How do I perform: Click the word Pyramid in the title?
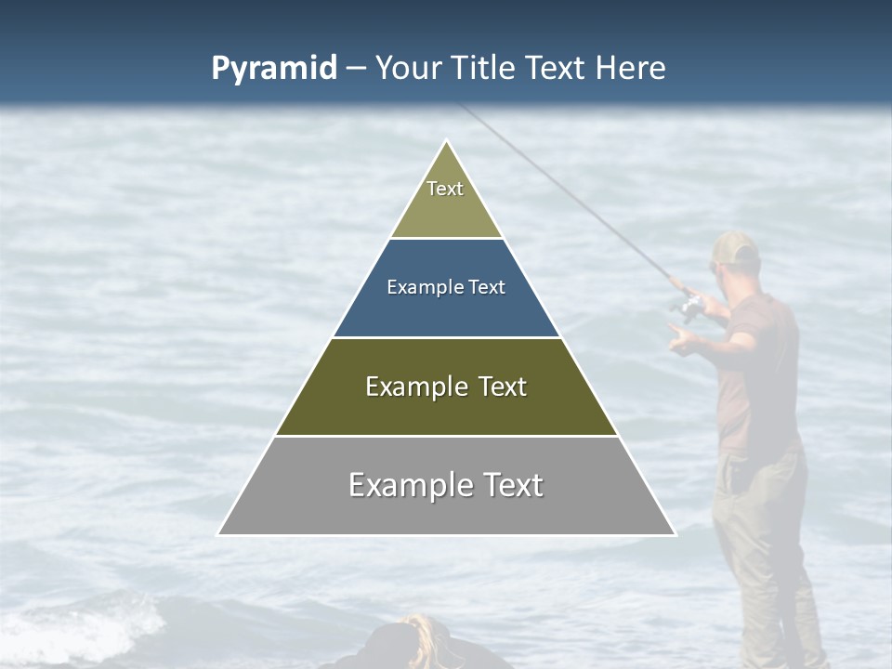pos(274,68)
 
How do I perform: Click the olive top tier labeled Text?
pos(446,200)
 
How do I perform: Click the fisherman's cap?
pos(736,247)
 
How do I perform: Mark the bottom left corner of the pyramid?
pos(218,534)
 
